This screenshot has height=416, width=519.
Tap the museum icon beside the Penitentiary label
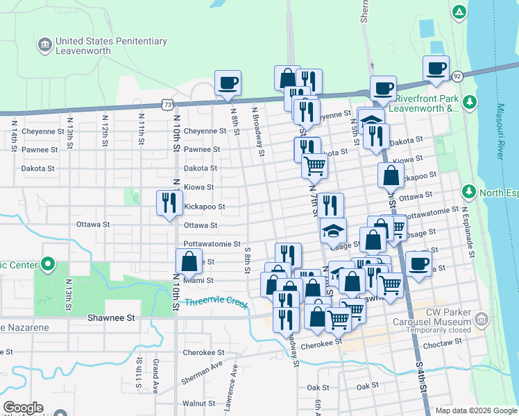(x=45, y=46)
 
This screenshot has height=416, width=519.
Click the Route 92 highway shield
(x=457, y=75)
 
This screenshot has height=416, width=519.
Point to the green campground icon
(x=459, y=12)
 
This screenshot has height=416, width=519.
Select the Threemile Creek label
(x=216, y=302)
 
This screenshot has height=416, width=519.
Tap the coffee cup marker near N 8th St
(x=228, y=84)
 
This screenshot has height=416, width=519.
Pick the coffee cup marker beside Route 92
(x=436, y=68)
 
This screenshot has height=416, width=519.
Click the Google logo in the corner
(x=23, y=408)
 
